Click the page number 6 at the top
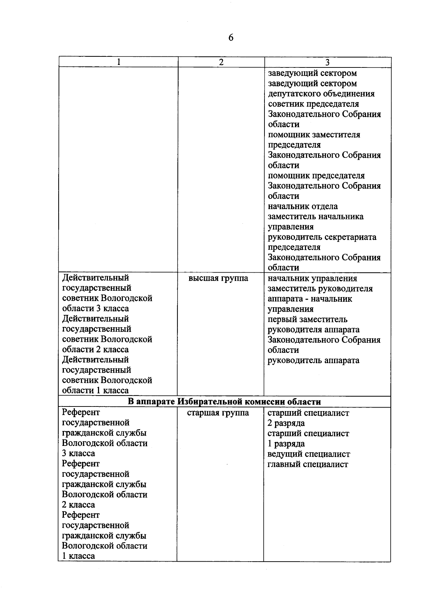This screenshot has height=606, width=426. pyautogui.click(x=231, y=38)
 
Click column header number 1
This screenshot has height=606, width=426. pyautogui.click(x=119, y=62)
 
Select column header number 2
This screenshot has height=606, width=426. pyautogui.click(x=221, y=62)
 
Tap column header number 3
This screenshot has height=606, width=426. pyautogui.click(x=327, y=62)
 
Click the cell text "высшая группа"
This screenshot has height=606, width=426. pyautogui.click(x=218, y=278)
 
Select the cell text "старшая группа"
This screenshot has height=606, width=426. pyautogui.click(x=218, y=413)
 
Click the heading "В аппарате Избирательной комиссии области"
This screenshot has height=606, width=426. pyautogui.click(x=224, y=402)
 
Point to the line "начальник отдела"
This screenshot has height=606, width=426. pyautogui.click(x=302, y=207)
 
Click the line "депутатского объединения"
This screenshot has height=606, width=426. pyautogui.click(x=321, y=94)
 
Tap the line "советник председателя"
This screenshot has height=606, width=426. pyautogui.click(x=313, y=104)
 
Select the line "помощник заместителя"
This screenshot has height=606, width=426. pyautogui.click(x=314, y=135)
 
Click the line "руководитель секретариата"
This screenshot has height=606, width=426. pyautogui.click(x=322, y=237)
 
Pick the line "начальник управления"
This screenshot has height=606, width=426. pyautogui.click(x=312, y=279)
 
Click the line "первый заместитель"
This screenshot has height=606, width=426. pyautogui.click(x=307, y=320)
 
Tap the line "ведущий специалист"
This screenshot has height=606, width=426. pyautogui.click(x=308, y=454)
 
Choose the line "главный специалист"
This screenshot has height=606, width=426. pyautogui.click(x=307, y=464)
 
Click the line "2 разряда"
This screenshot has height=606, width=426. pyautogui.click(x=286, y=423)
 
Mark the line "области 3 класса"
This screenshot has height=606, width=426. pyautogui.click(x=95, y=309)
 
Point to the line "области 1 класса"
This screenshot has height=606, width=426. pyautogui.click(x=95, y=391)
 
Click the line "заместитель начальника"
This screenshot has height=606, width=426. pyautogui.click(x=315, y=217)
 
